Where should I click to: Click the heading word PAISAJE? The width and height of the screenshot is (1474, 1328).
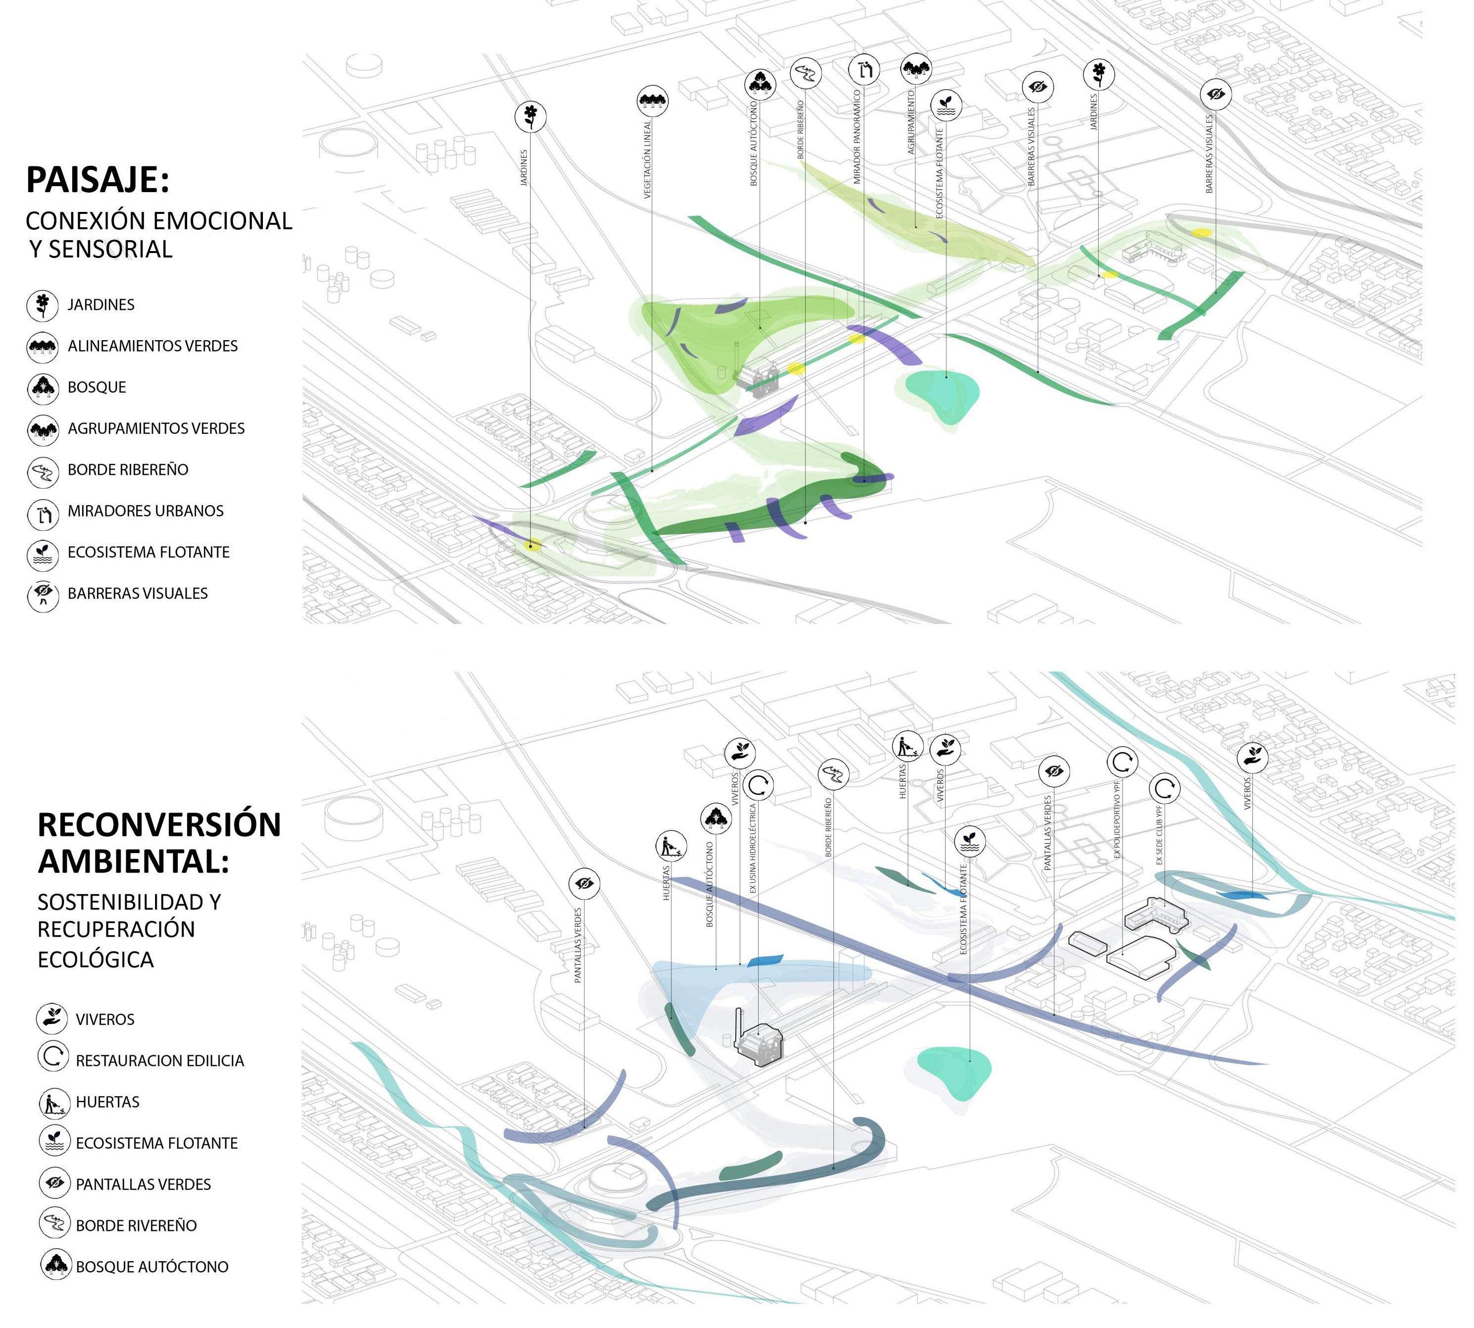[x=97, y=180]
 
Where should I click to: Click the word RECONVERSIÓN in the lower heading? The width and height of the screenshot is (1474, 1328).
[x=159, y=824]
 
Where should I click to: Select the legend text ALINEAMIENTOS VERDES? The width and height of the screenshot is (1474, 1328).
[x=152, y=346]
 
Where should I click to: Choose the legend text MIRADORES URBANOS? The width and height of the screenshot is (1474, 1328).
[x=145, y=511]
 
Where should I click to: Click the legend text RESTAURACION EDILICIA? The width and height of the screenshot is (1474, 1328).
[x=160, y=1060]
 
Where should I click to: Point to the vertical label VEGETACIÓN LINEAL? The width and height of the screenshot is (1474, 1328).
[x=647, y=160]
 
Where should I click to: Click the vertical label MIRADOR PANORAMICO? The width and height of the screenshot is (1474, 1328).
[x=857, y=137]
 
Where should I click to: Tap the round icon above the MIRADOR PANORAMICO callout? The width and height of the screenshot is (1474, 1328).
[x=864, y=70]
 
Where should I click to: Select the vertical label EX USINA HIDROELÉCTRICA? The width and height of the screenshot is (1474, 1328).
[x=752, y=849]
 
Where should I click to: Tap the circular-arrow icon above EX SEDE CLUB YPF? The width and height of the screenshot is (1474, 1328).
[x=1164, y=788]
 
